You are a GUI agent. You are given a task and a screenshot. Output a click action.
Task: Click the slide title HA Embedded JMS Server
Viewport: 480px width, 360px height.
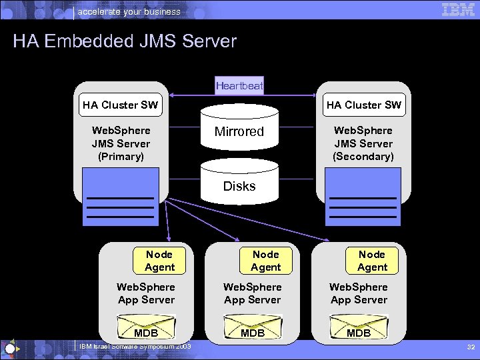point(125,41)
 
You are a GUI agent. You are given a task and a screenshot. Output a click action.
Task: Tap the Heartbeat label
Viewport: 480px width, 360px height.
point(239,85)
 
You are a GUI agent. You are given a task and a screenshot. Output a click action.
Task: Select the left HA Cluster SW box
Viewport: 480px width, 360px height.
point(121,105)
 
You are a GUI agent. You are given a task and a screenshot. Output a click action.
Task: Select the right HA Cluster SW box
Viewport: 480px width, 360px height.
point(364,105)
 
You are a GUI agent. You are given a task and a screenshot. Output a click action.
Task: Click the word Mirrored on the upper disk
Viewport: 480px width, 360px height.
point(239,131)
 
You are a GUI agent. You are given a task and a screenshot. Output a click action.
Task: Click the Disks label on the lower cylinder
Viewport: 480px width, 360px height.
point(239,186)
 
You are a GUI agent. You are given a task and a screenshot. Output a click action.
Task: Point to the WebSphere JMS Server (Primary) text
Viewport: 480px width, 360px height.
point(121,143)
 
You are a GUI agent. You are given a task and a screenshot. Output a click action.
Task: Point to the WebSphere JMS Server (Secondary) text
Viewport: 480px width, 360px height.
point(363,143)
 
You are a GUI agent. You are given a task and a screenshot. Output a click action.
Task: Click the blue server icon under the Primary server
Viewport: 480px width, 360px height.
point(121,197)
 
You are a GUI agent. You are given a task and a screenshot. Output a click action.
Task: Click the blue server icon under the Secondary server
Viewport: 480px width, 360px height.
point(363,197)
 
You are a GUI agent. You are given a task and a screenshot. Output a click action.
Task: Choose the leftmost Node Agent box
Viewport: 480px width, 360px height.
point(159,261)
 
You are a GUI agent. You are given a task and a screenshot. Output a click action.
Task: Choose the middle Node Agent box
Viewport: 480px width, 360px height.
point(266,261)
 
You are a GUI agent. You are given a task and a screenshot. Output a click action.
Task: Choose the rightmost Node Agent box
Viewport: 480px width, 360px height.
point(372,261)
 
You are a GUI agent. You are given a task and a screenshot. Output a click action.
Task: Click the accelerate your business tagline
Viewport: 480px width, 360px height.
point(129,11)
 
